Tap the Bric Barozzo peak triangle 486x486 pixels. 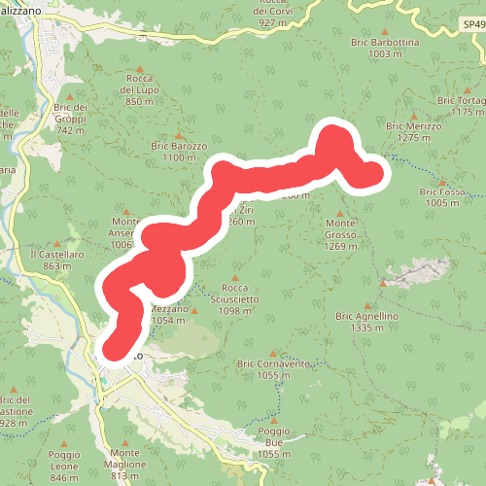[x=179, y=135]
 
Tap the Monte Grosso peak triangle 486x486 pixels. [x=340, y=213]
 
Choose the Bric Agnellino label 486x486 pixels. [x=366, y=323]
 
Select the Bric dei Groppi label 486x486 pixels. [x=71, y=118]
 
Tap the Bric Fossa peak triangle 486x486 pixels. [x=443, y=182]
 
